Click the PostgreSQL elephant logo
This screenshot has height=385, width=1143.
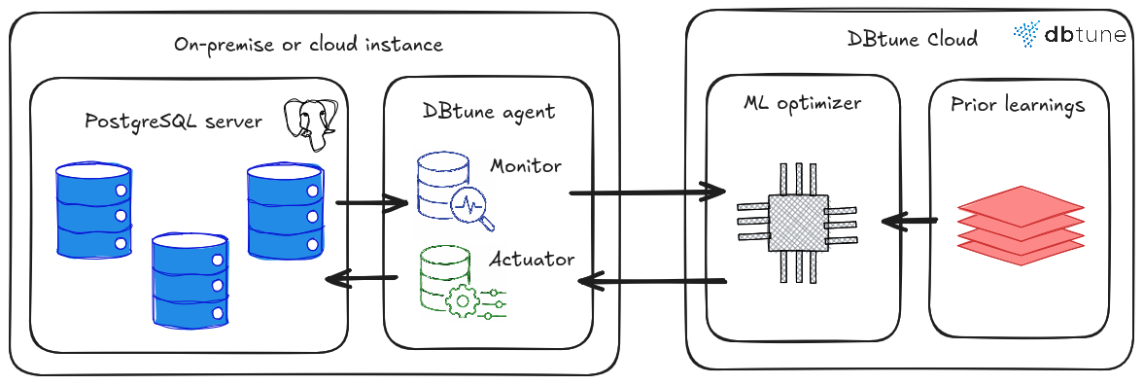(310, 124)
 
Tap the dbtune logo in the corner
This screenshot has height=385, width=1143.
(1069, 34)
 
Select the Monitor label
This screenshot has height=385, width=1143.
(526, 166)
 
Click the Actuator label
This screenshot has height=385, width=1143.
(532, 260)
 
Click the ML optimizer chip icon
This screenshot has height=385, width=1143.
(797, 224)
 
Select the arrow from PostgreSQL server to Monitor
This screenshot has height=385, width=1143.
(371, 202)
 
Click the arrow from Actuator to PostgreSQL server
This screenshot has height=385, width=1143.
(361, 278)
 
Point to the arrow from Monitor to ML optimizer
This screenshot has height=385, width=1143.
(647, 192)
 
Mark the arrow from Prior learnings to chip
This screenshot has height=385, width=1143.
(909, 220)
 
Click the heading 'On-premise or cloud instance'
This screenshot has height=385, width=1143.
(308, 45)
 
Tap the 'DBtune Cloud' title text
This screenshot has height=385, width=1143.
(912, 38)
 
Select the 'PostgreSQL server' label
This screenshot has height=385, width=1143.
(173, 122)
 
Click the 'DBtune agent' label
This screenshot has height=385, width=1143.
(488, 111)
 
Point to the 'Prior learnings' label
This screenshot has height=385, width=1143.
(1018, 105)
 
